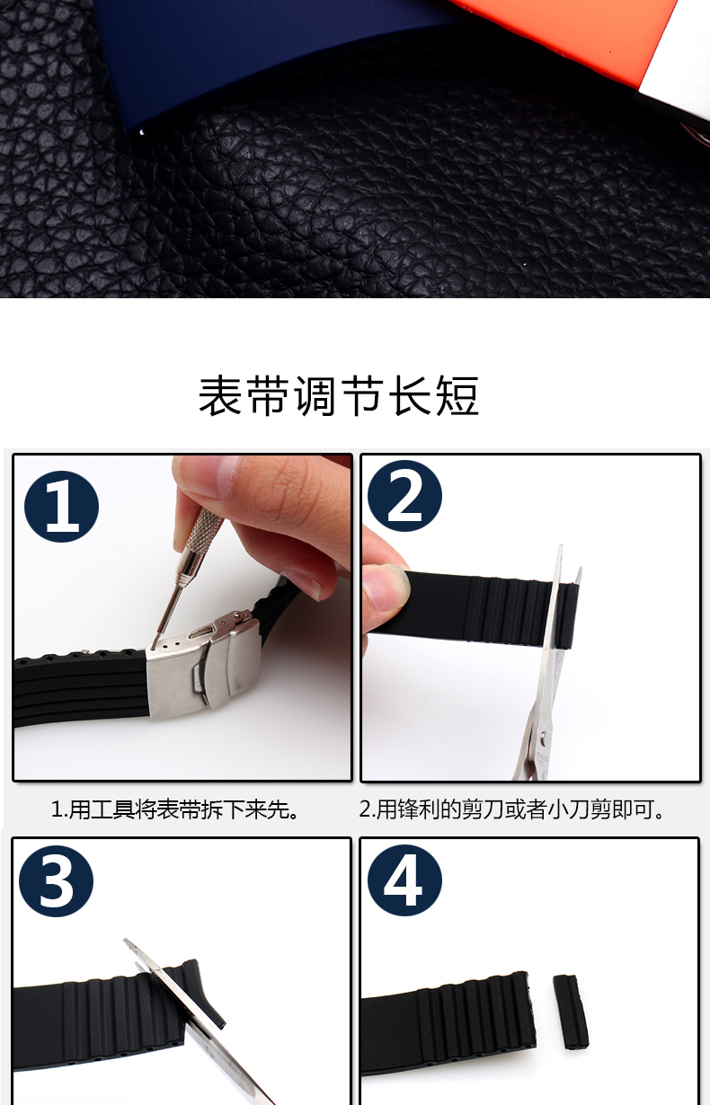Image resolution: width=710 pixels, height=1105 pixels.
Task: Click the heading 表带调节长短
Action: coord(338,396)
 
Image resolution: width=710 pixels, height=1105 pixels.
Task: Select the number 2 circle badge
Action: coord(404,495)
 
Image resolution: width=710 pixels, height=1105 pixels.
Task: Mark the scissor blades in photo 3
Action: coord(193,1015)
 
